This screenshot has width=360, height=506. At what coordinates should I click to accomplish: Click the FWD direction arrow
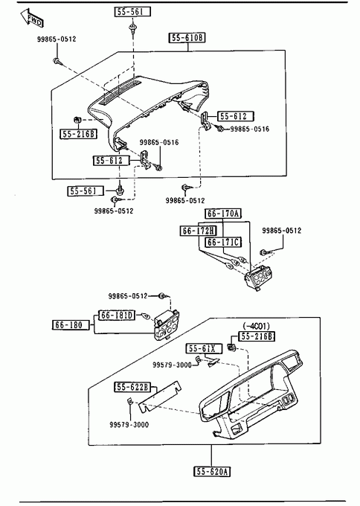32,18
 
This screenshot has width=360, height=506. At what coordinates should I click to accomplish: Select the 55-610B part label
187,38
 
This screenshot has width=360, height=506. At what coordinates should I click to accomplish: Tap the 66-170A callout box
223,214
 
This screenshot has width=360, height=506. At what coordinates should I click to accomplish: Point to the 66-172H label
198,231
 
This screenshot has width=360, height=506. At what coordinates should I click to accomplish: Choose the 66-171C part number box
223,242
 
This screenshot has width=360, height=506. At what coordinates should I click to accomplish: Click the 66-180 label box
71,324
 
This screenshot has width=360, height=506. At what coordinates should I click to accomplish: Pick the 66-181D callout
117,316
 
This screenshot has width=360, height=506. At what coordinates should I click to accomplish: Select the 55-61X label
204,348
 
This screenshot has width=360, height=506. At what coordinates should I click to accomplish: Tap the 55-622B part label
132,387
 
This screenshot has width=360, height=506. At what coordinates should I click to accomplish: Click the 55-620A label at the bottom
212,472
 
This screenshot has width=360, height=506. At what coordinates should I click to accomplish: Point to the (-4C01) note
256,326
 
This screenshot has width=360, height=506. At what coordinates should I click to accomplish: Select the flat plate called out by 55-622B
160,397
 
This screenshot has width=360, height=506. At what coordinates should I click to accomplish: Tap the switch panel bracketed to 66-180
167,325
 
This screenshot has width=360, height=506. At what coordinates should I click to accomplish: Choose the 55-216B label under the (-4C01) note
257,336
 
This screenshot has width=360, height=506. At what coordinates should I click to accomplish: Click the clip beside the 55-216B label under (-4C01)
232,348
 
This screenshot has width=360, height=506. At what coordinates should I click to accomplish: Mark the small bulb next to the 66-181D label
146,316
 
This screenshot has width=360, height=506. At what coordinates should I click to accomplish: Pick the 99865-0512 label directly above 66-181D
127,296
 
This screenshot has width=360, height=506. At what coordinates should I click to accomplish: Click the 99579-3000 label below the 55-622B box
129,425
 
